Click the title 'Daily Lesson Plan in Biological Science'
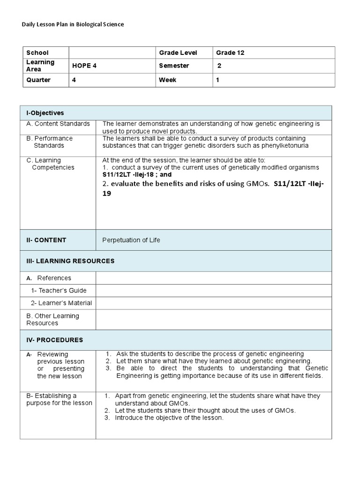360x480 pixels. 73,24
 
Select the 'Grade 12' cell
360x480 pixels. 230,53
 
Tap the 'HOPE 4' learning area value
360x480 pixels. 84,66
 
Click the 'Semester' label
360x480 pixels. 174,66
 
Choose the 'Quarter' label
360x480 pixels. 38,80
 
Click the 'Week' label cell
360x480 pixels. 168,80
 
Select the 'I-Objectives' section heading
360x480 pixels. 45,113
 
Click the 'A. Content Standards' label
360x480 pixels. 58,124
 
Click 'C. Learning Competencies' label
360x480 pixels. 51,164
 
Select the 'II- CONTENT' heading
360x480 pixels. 46,240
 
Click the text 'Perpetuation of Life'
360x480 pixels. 131,240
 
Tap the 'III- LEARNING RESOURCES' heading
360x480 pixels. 70,261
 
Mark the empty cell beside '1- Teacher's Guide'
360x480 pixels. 213,291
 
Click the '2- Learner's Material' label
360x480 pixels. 61,303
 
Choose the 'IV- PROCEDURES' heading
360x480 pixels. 54,340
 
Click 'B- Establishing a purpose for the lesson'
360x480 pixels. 59,399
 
